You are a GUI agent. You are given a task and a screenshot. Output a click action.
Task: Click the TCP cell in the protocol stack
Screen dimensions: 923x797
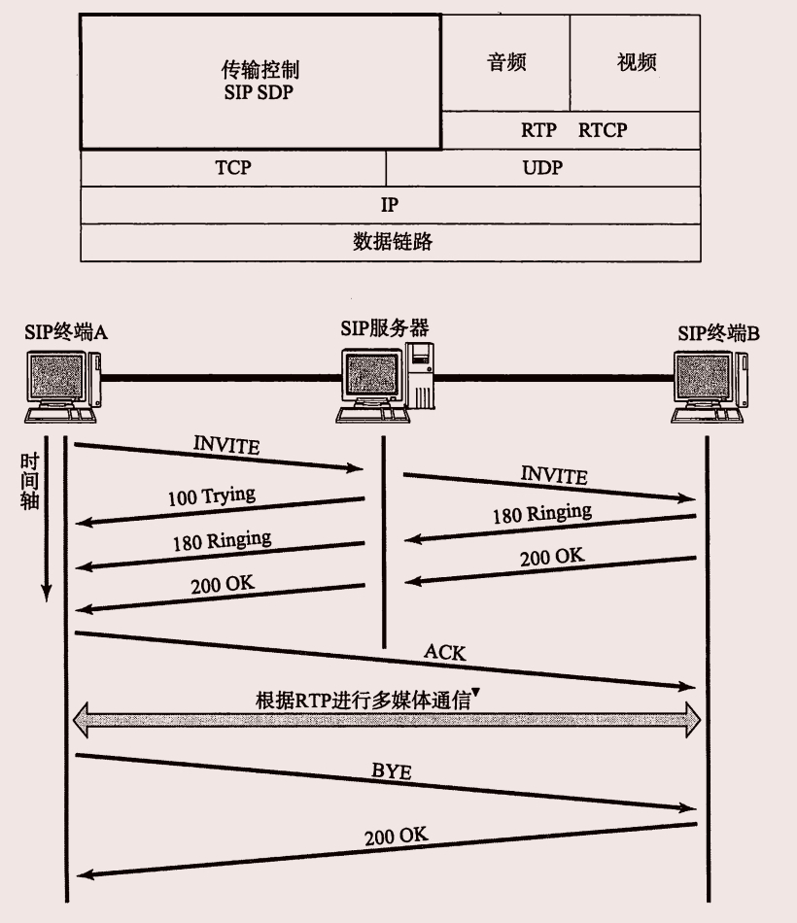233,167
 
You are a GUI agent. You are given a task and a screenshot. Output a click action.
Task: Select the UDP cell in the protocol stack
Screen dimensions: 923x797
542,167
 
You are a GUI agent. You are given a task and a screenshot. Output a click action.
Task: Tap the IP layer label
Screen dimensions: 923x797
390,205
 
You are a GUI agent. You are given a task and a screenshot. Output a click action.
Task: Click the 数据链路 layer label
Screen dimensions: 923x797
391,243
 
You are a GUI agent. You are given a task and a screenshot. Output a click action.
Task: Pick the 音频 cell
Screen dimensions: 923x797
506,63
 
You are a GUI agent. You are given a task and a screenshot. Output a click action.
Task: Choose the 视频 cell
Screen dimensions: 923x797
637,63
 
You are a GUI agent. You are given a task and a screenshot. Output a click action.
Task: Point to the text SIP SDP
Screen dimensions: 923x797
259,93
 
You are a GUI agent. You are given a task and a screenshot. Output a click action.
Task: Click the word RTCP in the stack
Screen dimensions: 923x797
603,130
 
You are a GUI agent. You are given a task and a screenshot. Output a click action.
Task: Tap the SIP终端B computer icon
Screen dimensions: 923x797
710,386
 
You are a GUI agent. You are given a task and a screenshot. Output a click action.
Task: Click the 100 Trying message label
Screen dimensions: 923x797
211,497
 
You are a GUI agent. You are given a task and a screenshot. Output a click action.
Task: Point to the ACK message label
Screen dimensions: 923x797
445,653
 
